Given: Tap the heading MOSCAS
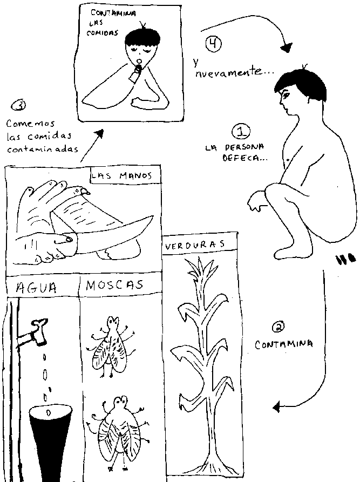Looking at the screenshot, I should (x=114, y=285).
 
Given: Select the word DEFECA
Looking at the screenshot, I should (x=245, y=158).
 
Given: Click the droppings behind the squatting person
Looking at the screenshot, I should (x=343, y=261).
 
